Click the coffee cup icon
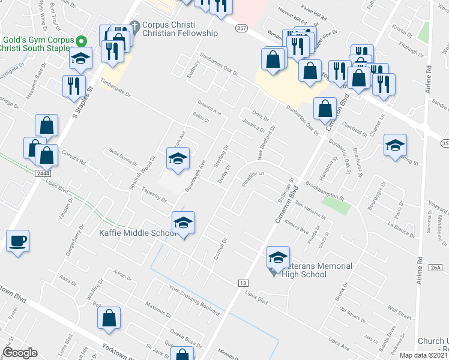point(17,241)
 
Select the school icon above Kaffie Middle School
point(183,223)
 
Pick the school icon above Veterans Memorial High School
point(278,257)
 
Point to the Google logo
point(20,352)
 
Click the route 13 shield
point(243,283)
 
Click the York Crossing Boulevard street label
point(194,301)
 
